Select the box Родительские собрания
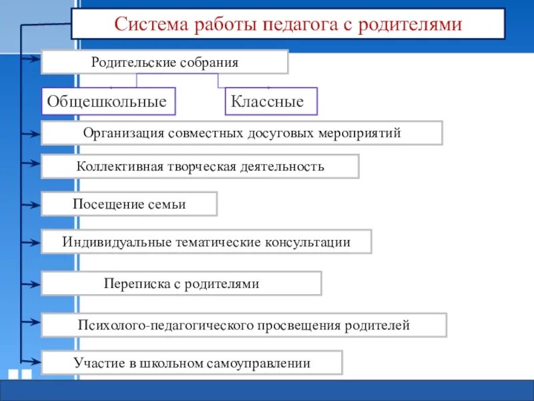pyautogui.click(x=164, y=62)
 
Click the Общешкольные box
pyautogui.click(x=108, y=102)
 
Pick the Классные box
pyautogui.click(x=270, y=102)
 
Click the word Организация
pyautogui.click(x=123, y=133)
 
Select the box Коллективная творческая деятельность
pyautogui.click(x=200, y=166)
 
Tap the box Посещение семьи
pyautogui.click(x=129, y=204)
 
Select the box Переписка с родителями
pyautogui.click(x=181, y=283)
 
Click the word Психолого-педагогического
pyautogui.click(x=164, y=325)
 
